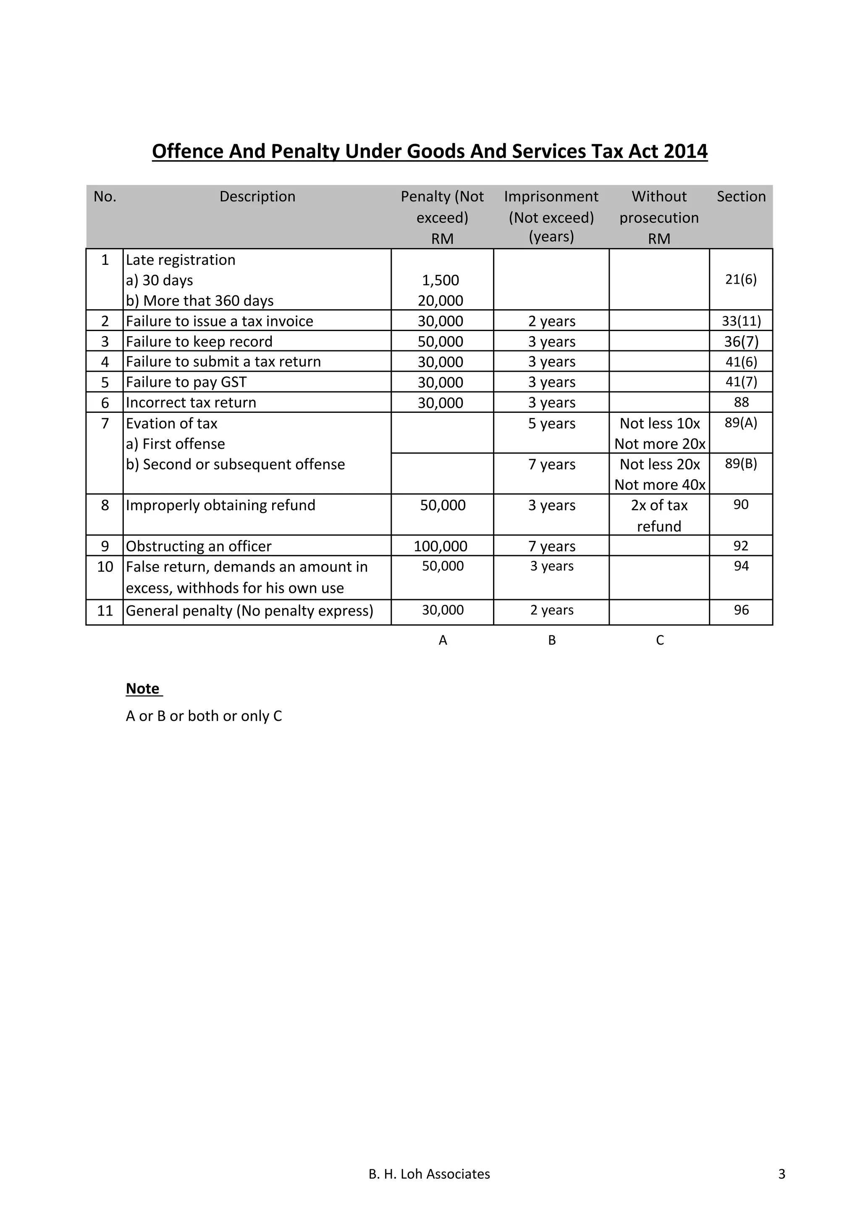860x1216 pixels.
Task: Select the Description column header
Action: point(257,196)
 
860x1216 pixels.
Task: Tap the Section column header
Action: point(741,196)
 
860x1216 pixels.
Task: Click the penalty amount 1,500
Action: point(440,280)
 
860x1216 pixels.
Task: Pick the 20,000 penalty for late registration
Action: point(440,301)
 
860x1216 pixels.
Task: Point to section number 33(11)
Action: point(741,321)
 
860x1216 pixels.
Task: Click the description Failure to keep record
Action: point(199,342)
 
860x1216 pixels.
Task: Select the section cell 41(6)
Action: point(741,362)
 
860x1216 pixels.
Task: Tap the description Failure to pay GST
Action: point(186,382)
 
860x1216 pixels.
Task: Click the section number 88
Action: point(741,402)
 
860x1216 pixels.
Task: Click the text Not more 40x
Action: point(660,485)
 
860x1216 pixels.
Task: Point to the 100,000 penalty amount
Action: point(440,546)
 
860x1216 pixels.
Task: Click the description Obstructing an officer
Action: point(199,546)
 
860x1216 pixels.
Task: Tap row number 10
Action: point(105,567)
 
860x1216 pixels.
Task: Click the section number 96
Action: point(741,610)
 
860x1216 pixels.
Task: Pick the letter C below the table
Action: point(660,640)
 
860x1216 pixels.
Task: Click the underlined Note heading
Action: point(142,689)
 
